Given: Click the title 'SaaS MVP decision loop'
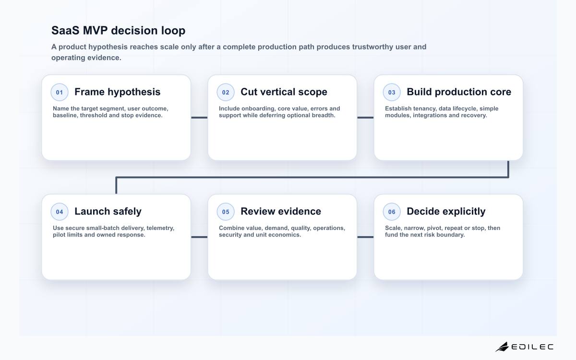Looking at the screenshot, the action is pyautogui.click(x=118, y=31).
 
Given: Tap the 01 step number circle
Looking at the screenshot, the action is pyautogui.click(x=60, y=92).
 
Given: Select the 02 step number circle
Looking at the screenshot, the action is pyautogui.click(x=226, y=92).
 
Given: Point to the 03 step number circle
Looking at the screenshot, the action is pyautogui.click(x=392, y=92).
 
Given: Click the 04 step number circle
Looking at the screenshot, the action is pyautogui.click(x=60, y=212).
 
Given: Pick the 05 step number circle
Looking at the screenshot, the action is pyautogui.click(x=226, y=212).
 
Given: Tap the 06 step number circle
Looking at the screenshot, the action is pyautogui.click(x=392, y=212).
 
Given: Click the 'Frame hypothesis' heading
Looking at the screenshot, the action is pyautogui.click(x=118, y=92).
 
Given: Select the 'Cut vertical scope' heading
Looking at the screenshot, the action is pyautogui.click(x=284, y=92).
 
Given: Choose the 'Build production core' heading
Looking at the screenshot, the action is pyautogui.click(x=459, y=92).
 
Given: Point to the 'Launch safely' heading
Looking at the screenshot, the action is pyautogui.click(x=108, y=212).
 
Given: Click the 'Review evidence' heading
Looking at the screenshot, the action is pyautogui.click(x=281, y=211).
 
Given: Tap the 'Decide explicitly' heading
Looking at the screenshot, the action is pyautogui.click(x=446, y=212).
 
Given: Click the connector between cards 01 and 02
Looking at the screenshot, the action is pyautogui.click(x=199, y=118).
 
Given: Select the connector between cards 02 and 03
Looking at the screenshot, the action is pyautogui.click(x=365, y=118).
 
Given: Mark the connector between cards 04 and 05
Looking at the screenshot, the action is pyautogui.click(x=199, y=237).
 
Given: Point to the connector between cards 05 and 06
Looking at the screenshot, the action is pyautogui.click(x=365, y=237).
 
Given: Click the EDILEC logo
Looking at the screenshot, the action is pyautogui.click(x=525, y=347).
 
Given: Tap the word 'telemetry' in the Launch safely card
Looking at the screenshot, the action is pyautogui.click(x=160, y=228).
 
